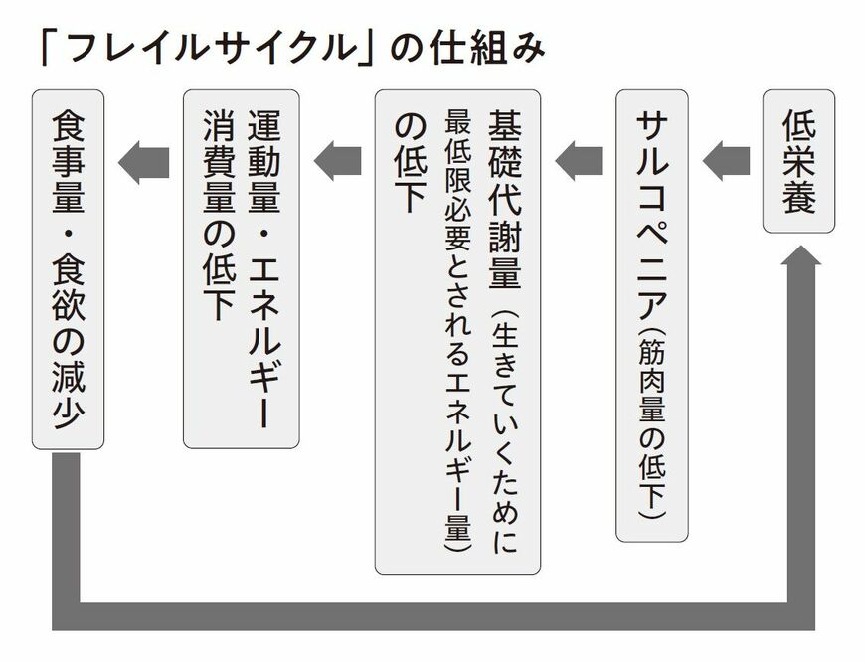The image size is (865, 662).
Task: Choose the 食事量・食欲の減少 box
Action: click(x=68, y=268)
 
